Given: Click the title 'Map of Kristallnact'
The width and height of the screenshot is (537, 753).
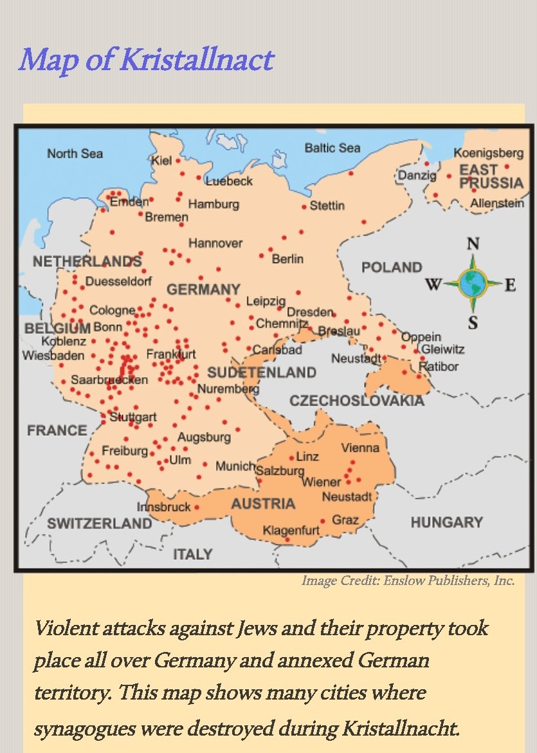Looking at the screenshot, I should [146, 60].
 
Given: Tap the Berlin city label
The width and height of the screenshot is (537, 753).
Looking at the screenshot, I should [287, 259].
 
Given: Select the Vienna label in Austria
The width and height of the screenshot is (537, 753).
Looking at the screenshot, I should [360, 447].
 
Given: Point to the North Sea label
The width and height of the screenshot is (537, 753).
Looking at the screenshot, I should [75, 153].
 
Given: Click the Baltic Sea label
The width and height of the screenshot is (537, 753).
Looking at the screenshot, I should [332, 148].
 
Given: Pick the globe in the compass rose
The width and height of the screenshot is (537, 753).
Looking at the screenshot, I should [473, 283].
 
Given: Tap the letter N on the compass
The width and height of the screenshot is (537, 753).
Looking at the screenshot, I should [473, 244].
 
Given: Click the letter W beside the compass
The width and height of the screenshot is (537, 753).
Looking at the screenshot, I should [434, 284].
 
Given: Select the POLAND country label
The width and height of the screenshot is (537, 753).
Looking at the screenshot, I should [391, 267].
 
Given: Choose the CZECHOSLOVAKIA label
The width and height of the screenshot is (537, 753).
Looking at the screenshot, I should [356, 401].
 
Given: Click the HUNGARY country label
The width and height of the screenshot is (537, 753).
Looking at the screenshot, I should [446, 522].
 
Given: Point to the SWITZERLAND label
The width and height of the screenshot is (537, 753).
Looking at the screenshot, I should [100, 523].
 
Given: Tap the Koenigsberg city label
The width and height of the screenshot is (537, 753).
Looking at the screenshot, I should [488, 153].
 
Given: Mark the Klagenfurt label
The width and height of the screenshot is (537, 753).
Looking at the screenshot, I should [291, 531].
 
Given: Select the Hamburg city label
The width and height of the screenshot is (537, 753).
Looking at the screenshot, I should [214, 204].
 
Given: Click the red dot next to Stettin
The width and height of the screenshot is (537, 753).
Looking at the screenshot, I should [304, 207].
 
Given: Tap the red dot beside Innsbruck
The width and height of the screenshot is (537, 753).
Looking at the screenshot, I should [196, 507].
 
